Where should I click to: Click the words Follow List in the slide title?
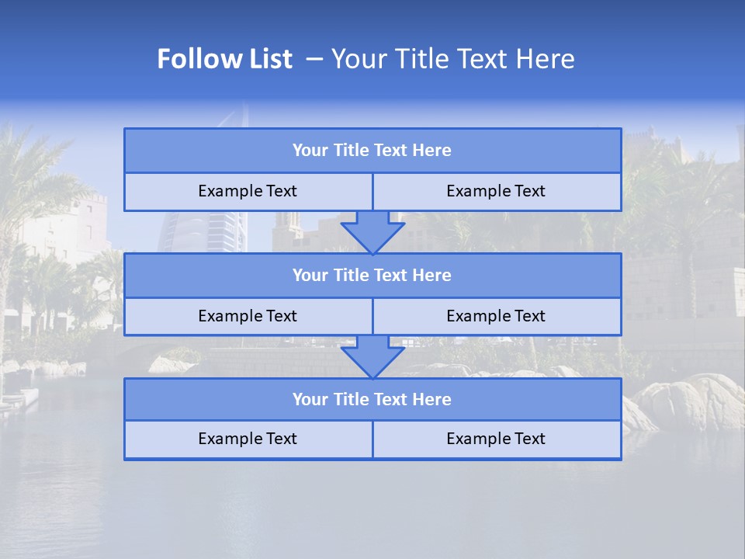point(225,59)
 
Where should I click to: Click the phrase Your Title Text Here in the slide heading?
point(453,59)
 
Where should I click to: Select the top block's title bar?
point(372,151)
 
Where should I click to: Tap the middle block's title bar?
point(372,276)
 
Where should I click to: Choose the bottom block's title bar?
point(372,400)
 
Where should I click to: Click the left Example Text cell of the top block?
point(248,192)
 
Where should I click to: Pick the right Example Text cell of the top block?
point(496,192)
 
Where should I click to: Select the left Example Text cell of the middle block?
point(248,317)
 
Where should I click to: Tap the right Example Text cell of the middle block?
point(496,317)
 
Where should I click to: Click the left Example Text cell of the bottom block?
point(248,439)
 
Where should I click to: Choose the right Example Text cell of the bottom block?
point(496,439)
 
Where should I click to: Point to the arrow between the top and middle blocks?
point(372,231)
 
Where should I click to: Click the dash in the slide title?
point(314,59)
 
